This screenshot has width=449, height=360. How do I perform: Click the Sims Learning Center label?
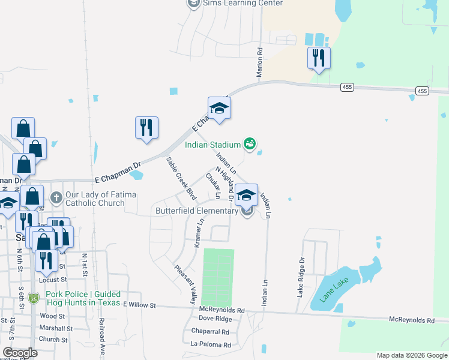(x=243, y=3)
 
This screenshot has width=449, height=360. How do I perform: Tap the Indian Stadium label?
(x=212, y=144)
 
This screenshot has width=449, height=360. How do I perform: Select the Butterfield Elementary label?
(x=196, y=211)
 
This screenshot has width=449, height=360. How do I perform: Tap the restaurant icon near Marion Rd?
(x=318, y=59)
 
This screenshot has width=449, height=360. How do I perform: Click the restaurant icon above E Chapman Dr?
(x=146, y=128)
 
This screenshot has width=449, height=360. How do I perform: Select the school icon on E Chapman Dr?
(x=219, y=109)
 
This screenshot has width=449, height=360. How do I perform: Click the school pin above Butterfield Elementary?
(x=246, y=195)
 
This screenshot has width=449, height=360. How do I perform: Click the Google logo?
(x=20, y=353)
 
